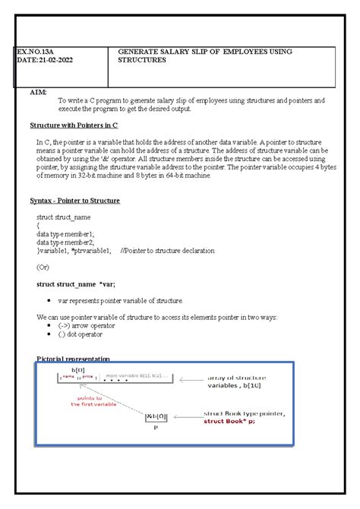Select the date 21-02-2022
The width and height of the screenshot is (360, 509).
tap(52, 60)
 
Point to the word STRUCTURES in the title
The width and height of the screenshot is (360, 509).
tap(142, 60)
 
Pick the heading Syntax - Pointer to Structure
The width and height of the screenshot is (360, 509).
tap(74, 201)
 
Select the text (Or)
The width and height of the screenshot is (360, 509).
tap(44, 267)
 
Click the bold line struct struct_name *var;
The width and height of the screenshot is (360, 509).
tap(76, 283)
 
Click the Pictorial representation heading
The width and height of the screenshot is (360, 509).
tap(74, 359)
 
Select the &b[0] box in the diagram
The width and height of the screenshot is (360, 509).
tap(156, 416)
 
